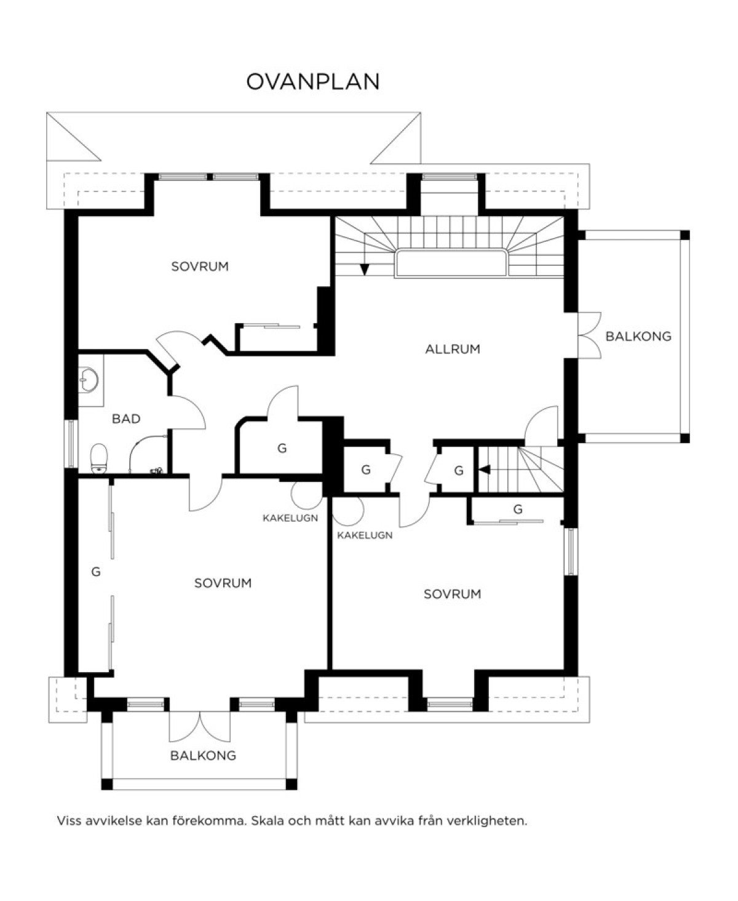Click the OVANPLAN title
coord(313,82)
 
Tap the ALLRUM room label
coord(453,350)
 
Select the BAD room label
coord(126,418)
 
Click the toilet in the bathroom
coord(100,459)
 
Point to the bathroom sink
coord(89,380)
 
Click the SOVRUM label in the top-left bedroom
coord(200,266)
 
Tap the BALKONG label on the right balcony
coord(638,337)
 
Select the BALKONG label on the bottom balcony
coord(203,756)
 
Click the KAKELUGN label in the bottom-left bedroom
coord(290,518)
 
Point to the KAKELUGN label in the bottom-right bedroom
coord(365,535)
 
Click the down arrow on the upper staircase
coord(365,268)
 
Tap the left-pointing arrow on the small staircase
coord(485,470)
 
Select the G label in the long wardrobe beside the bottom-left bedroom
coord(96,572)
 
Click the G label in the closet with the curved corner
coord(282,449)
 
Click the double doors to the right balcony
coord(589,335)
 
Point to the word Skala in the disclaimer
coord(267,820)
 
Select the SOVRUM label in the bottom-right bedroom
coord(453,594)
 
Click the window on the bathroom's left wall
coord(71,444)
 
